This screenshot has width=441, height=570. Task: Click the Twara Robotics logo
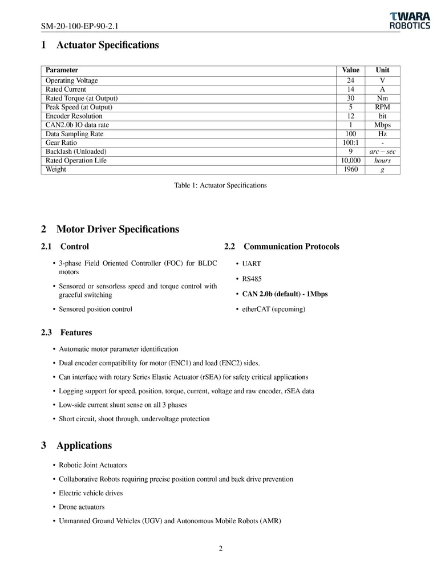[x=410, y=21]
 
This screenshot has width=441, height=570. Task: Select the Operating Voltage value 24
[x=351, y=81]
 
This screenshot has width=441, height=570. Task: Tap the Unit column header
[x=382, y=70]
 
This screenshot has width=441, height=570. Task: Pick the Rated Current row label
[x=66, y=89]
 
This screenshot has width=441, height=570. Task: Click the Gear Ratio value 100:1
[x=351, y=143]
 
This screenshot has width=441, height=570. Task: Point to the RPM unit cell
[x=382, y=107]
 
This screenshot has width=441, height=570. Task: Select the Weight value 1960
[x=351, y=169]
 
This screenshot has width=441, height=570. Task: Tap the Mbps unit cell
[x=382, y=125]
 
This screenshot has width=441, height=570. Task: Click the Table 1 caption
[x=220, y=185]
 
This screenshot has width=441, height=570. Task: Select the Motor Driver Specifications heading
[x=118, y=229]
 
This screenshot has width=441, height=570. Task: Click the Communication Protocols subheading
[x=291, y=247]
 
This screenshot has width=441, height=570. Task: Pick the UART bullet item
[x=252, y=264]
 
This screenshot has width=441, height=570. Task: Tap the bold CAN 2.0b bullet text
[x=285, y=294]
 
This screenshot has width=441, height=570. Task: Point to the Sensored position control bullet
[x=96, y=309]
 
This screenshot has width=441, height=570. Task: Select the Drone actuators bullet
[x=82, y=507]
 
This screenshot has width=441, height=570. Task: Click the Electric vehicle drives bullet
[x=91, y=493]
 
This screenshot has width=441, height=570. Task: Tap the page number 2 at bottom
[x=220, y=549]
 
